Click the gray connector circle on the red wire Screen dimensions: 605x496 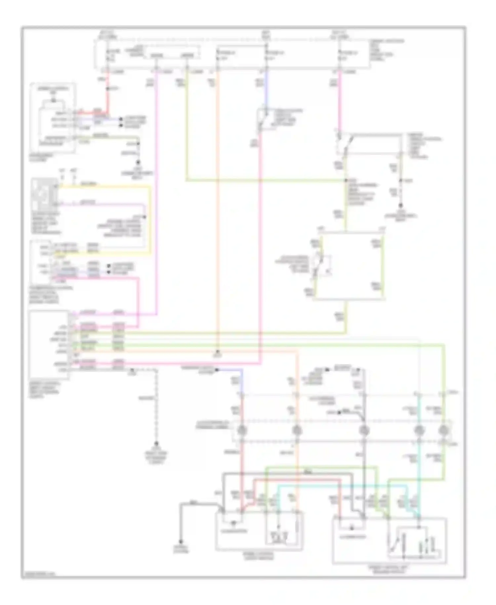point(242,430)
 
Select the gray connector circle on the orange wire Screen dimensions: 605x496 point(297,430)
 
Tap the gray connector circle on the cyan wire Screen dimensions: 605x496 point(419,430)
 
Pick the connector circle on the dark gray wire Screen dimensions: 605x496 point(364,430)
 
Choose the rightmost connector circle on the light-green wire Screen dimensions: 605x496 point(443,430)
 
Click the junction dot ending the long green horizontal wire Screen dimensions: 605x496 point(346,180)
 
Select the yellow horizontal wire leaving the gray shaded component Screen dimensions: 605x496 point(103,187)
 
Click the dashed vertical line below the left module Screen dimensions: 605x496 point(156,407)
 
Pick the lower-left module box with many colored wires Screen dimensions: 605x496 point(49,345)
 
